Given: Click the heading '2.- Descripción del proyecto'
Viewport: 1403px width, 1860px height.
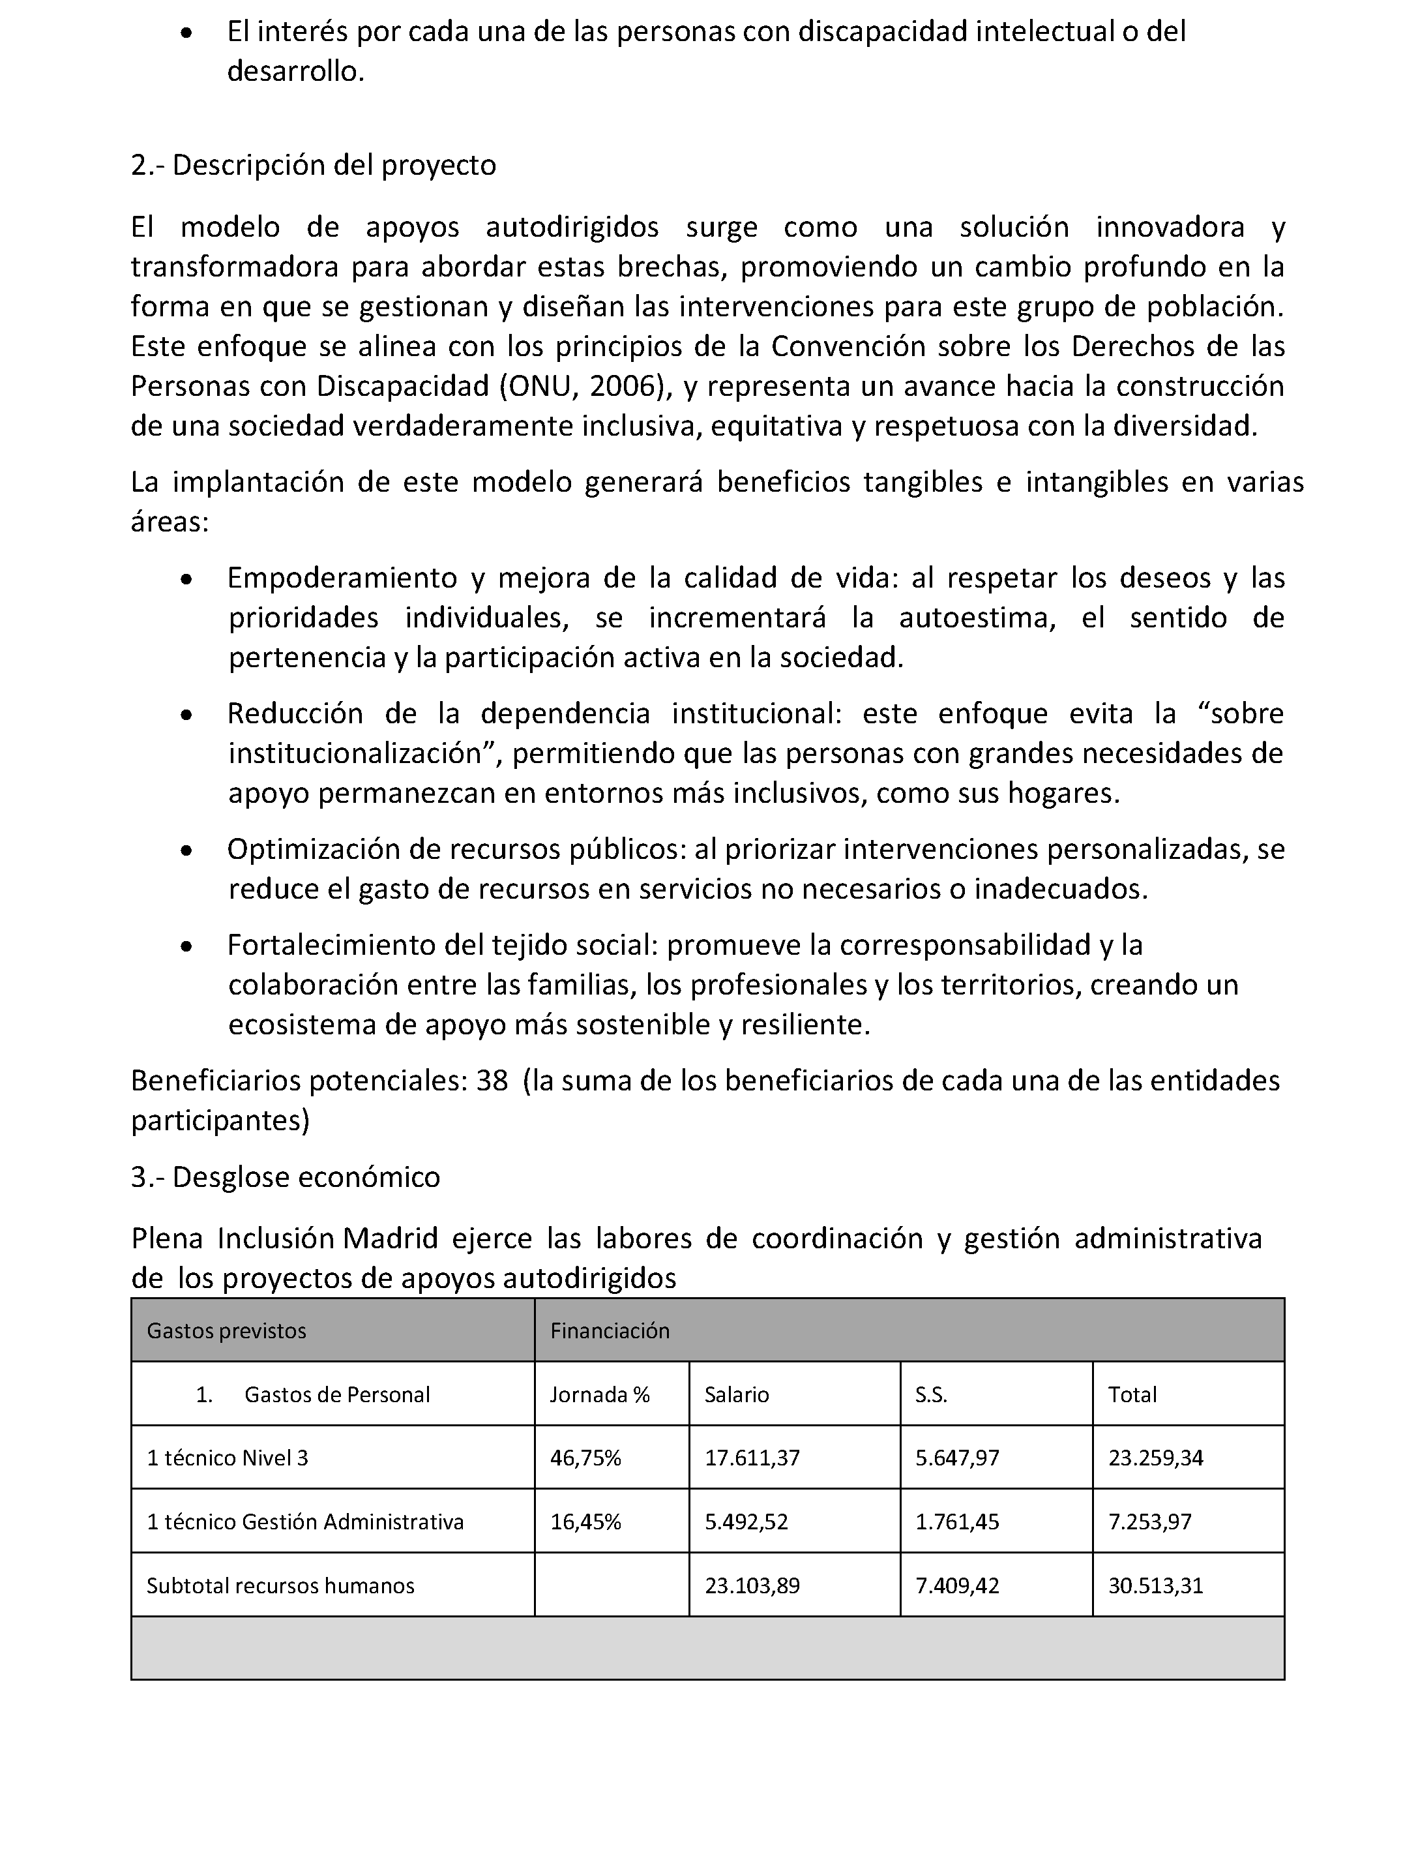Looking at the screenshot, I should [x=313, y=165].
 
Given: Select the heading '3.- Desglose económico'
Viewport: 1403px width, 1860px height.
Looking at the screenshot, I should [x=285, y=1177].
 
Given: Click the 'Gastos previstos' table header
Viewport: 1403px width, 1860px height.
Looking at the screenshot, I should [x=226, y=1330].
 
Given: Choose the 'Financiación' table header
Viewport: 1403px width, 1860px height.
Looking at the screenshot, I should [x=610, y=1330].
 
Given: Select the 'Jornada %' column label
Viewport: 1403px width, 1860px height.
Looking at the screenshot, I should [x=599, y=1394].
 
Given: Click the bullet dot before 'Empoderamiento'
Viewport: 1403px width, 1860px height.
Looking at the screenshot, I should [x=186, y=579].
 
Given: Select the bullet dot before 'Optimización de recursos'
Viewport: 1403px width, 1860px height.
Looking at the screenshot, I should [x=186, y=851].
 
